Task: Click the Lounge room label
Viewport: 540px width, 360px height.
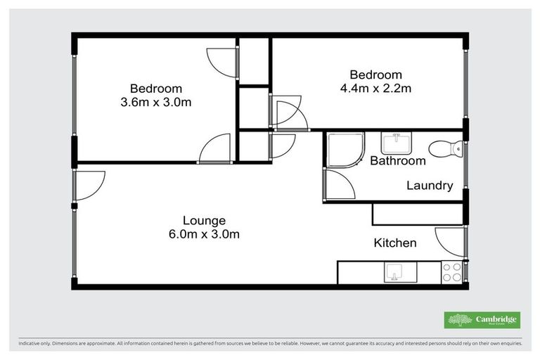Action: coord(204,220)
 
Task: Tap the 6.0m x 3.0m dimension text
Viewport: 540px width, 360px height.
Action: coord(204,234)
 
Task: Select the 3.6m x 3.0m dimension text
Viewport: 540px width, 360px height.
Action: coord(156,102)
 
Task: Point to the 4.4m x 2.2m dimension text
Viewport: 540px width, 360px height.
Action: coord(375,89)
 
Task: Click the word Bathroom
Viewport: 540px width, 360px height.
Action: coord(398,161)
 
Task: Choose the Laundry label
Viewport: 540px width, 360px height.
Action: coord(429,186)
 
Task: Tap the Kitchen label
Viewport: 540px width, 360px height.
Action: coord(394,243)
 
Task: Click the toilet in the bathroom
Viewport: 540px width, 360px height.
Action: coord(444,148)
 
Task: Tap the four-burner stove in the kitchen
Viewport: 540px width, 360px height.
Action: coord(451,271)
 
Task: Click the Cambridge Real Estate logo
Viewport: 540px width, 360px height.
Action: coord(482,320)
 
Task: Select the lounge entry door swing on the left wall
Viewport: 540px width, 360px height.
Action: coord(89,184)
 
